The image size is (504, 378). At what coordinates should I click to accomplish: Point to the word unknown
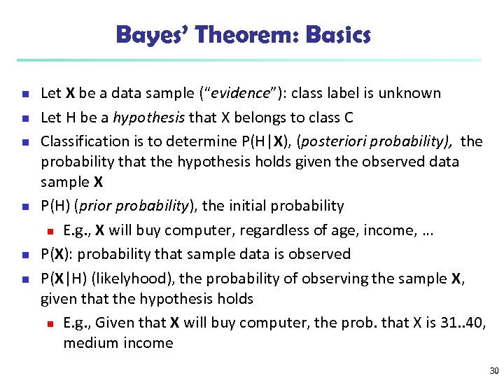(412, 93)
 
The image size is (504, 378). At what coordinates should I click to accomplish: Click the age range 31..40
(465, 323)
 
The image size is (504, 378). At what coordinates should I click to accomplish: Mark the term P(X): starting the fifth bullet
(58, 254)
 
